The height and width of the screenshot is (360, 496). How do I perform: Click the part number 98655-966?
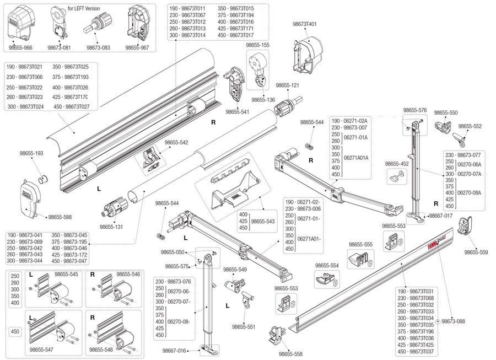pos(20,48)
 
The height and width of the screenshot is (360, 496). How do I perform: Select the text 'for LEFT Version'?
pos(84,8)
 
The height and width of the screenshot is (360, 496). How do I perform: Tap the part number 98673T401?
pos(305,24)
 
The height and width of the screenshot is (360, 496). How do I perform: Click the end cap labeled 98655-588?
pos(31,200)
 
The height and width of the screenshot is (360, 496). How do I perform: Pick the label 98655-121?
pos(287,85)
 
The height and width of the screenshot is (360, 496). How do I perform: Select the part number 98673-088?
pos(454,321)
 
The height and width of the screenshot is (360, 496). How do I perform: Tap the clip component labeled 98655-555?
pos(360,259)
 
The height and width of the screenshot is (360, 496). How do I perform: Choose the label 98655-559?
pos(476,252)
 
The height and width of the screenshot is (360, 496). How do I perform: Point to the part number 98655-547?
pos(41,350)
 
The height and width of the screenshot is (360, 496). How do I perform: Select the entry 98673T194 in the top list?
pos(242,15)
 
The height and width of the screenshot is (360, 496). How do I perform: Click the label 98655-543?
pos(263,222)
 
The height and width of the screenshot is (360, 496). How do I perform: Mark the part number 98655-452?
pos(397,164)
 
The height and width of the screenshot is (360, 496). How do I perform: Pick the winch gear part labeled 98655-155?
pos(258,67)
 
